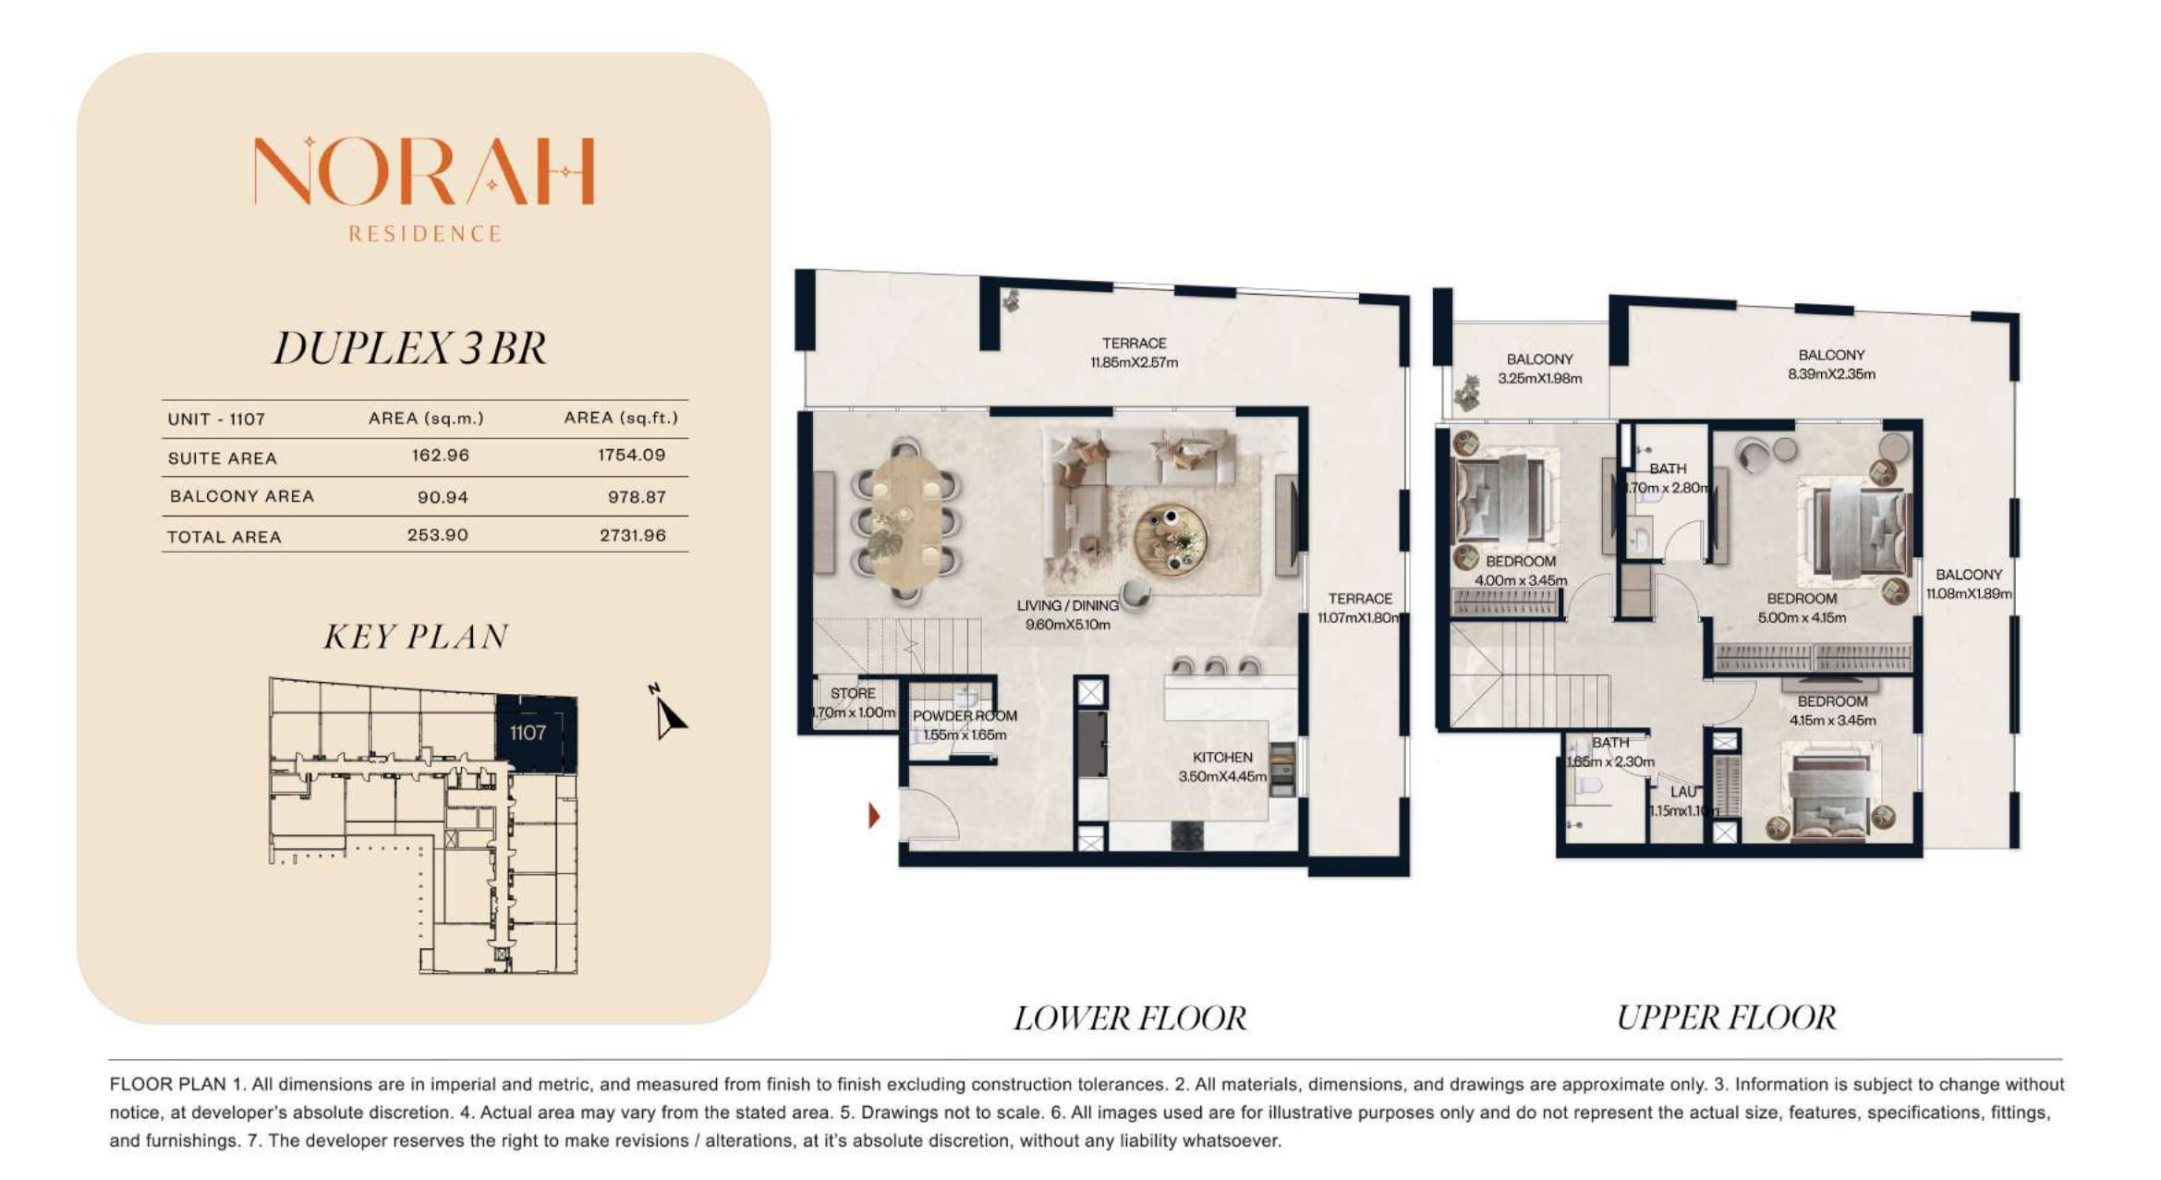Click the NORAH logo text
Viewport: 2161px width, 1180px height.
click(424, 171)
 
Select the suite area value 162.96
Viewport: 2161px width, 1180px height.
click(441, 456)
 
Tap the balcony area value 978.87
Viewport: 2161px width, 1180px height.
click(637, 497)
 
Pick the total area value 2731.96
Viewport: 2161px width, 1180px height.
click(633, 535)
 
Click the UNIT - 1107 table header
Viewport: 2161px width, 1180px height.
click(216, 420)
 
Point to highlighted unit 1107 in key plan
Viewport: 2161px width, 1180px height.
click(536, 734)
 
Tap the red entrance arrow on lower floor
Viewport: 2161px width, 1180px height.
click(873, 816)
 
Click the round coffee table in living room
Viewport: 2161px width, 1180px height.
click(1170, 539)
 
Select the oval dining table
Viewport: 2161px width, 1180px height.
click(907, 522)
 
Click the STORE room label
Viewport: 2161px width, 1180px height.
click(853, 693)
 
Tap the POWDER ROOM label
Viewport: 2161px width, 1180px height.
click(965, 716)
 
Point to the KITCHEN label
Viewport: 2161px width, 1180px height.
click(1222, 758)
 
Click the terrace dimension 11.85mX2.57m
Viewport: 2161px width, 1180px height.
click(1135, 363)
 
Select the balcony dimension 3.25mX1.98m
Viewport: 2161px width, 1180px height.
click(1540, 379)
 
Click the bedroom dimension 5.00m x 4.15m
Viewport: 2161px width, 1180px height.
click(1802, 618)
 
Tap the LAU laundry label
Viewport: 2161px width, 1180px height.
click(1683, 792)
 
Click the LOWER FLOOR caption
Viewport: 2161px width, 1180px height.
click(1130, 1018)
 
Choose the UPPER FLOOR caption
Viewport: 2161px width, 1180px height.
click(1726, 1017)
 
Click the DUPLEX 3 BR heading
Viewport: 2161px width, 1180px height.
click(410, 348)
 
